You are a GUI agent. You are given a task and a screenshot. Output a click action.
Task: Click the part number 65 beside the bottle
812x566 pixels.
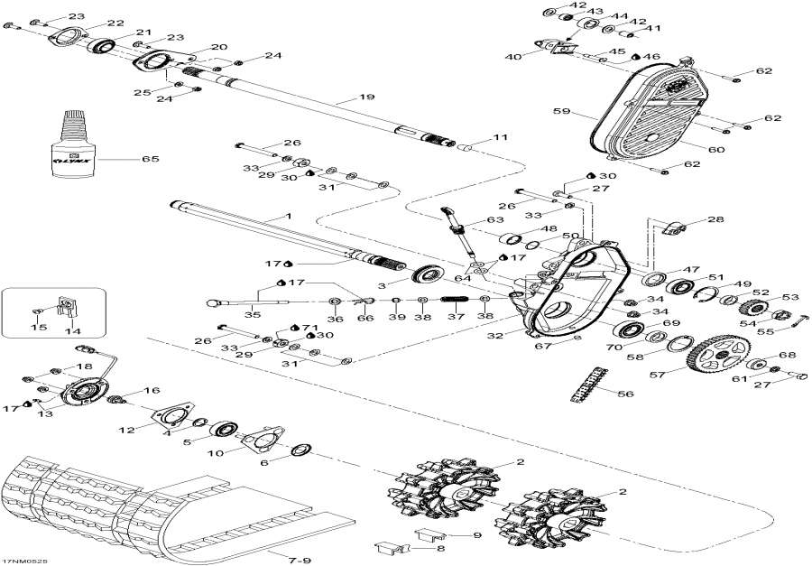click(x=151, y=159)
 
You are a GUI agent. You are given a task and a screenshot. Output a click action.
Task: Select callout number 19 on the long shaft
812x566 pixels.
click(x=365, y=97)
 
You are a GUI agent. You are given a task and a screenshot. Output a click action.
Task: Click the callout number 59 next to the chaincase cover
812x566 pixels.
click(x=561, y=113)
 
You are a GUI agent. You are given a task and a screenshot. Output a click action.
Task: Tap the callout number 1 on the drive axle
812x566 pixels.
click(x=289, y=217)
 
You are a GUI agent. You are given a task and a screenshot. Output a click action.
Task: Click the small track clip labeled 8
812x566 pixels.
click(x=388, y=545)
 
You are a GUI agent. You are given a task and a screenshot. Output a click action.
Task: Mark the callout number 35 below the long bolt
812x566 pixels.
click(x=253, y=314)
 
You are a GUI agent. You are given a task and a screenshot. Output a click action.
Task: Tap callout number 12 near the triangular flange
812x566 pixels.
click(x=130, y=430)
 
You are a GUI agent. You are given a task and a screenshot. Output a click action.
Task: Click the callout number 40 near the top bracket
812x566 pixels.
click(x=512, y=57)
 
